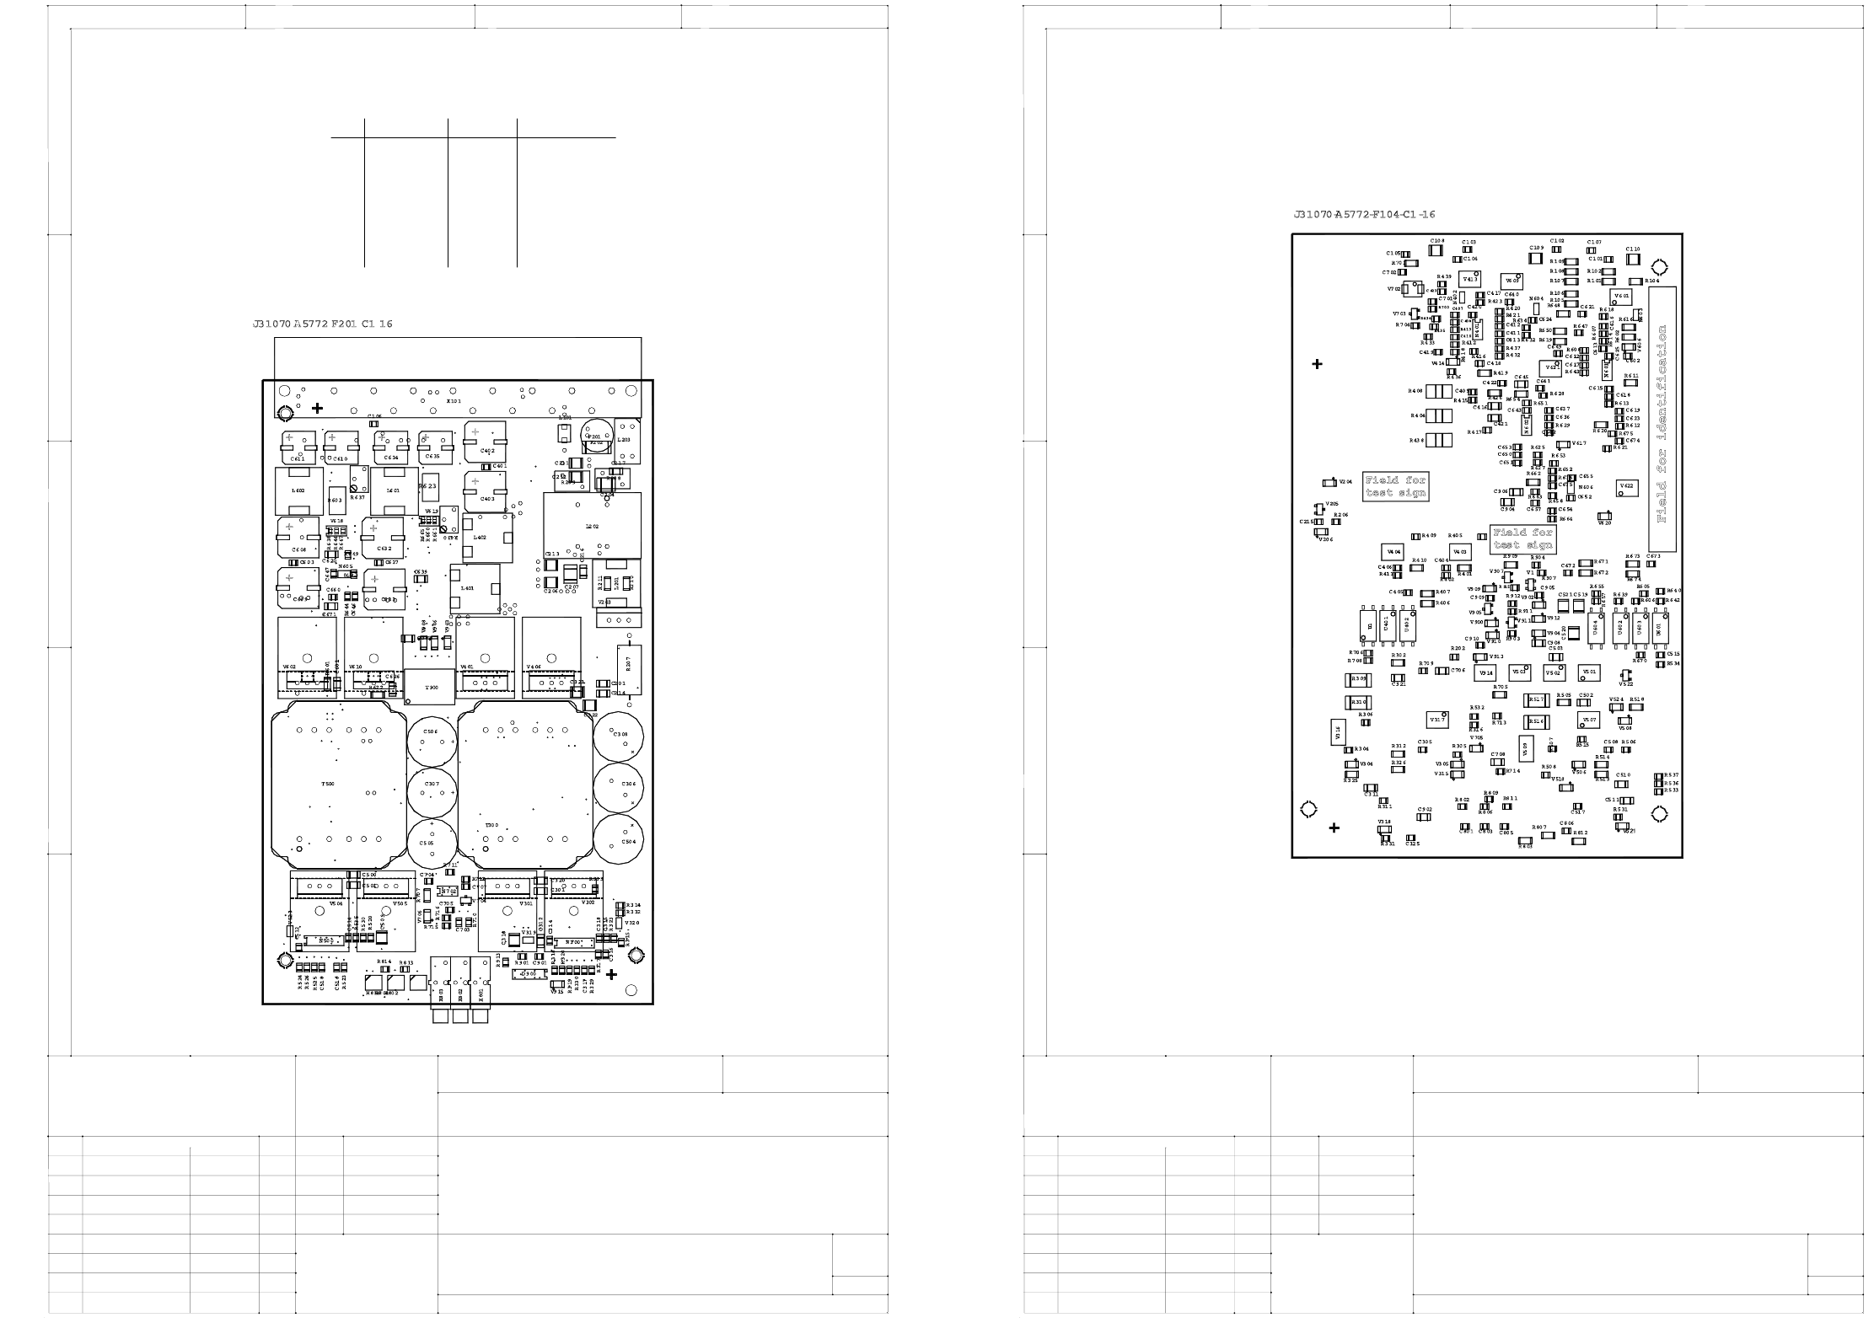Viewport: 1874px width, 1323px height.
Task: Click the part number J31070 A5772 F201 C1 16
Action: (x=322, y=324)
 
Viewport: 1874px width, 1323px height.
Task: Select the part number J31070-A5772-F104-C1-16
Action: (x=1364, y=215)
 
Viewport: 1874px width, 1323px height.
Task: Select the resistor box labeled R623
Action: (x=427, y=486)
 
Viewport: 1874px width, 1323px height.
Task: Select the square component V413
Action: (x=1470, y=279)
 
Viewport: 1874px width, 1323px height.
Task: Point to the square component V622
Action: (x=1627, y=487)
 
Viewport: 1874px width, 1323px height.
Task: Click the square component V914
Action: (x=1485, y=672)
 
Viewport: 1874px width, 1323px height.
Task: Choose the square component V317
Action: (x=1437, y=720)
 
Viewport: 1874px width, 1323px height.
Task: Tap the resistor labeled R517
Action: (x=1537, y=700)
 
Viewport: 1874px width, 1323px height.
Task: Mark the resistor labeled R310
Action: (x=1358, y=702)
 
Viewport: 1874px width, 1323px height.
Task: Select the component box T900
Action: (x=430, y=688)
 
